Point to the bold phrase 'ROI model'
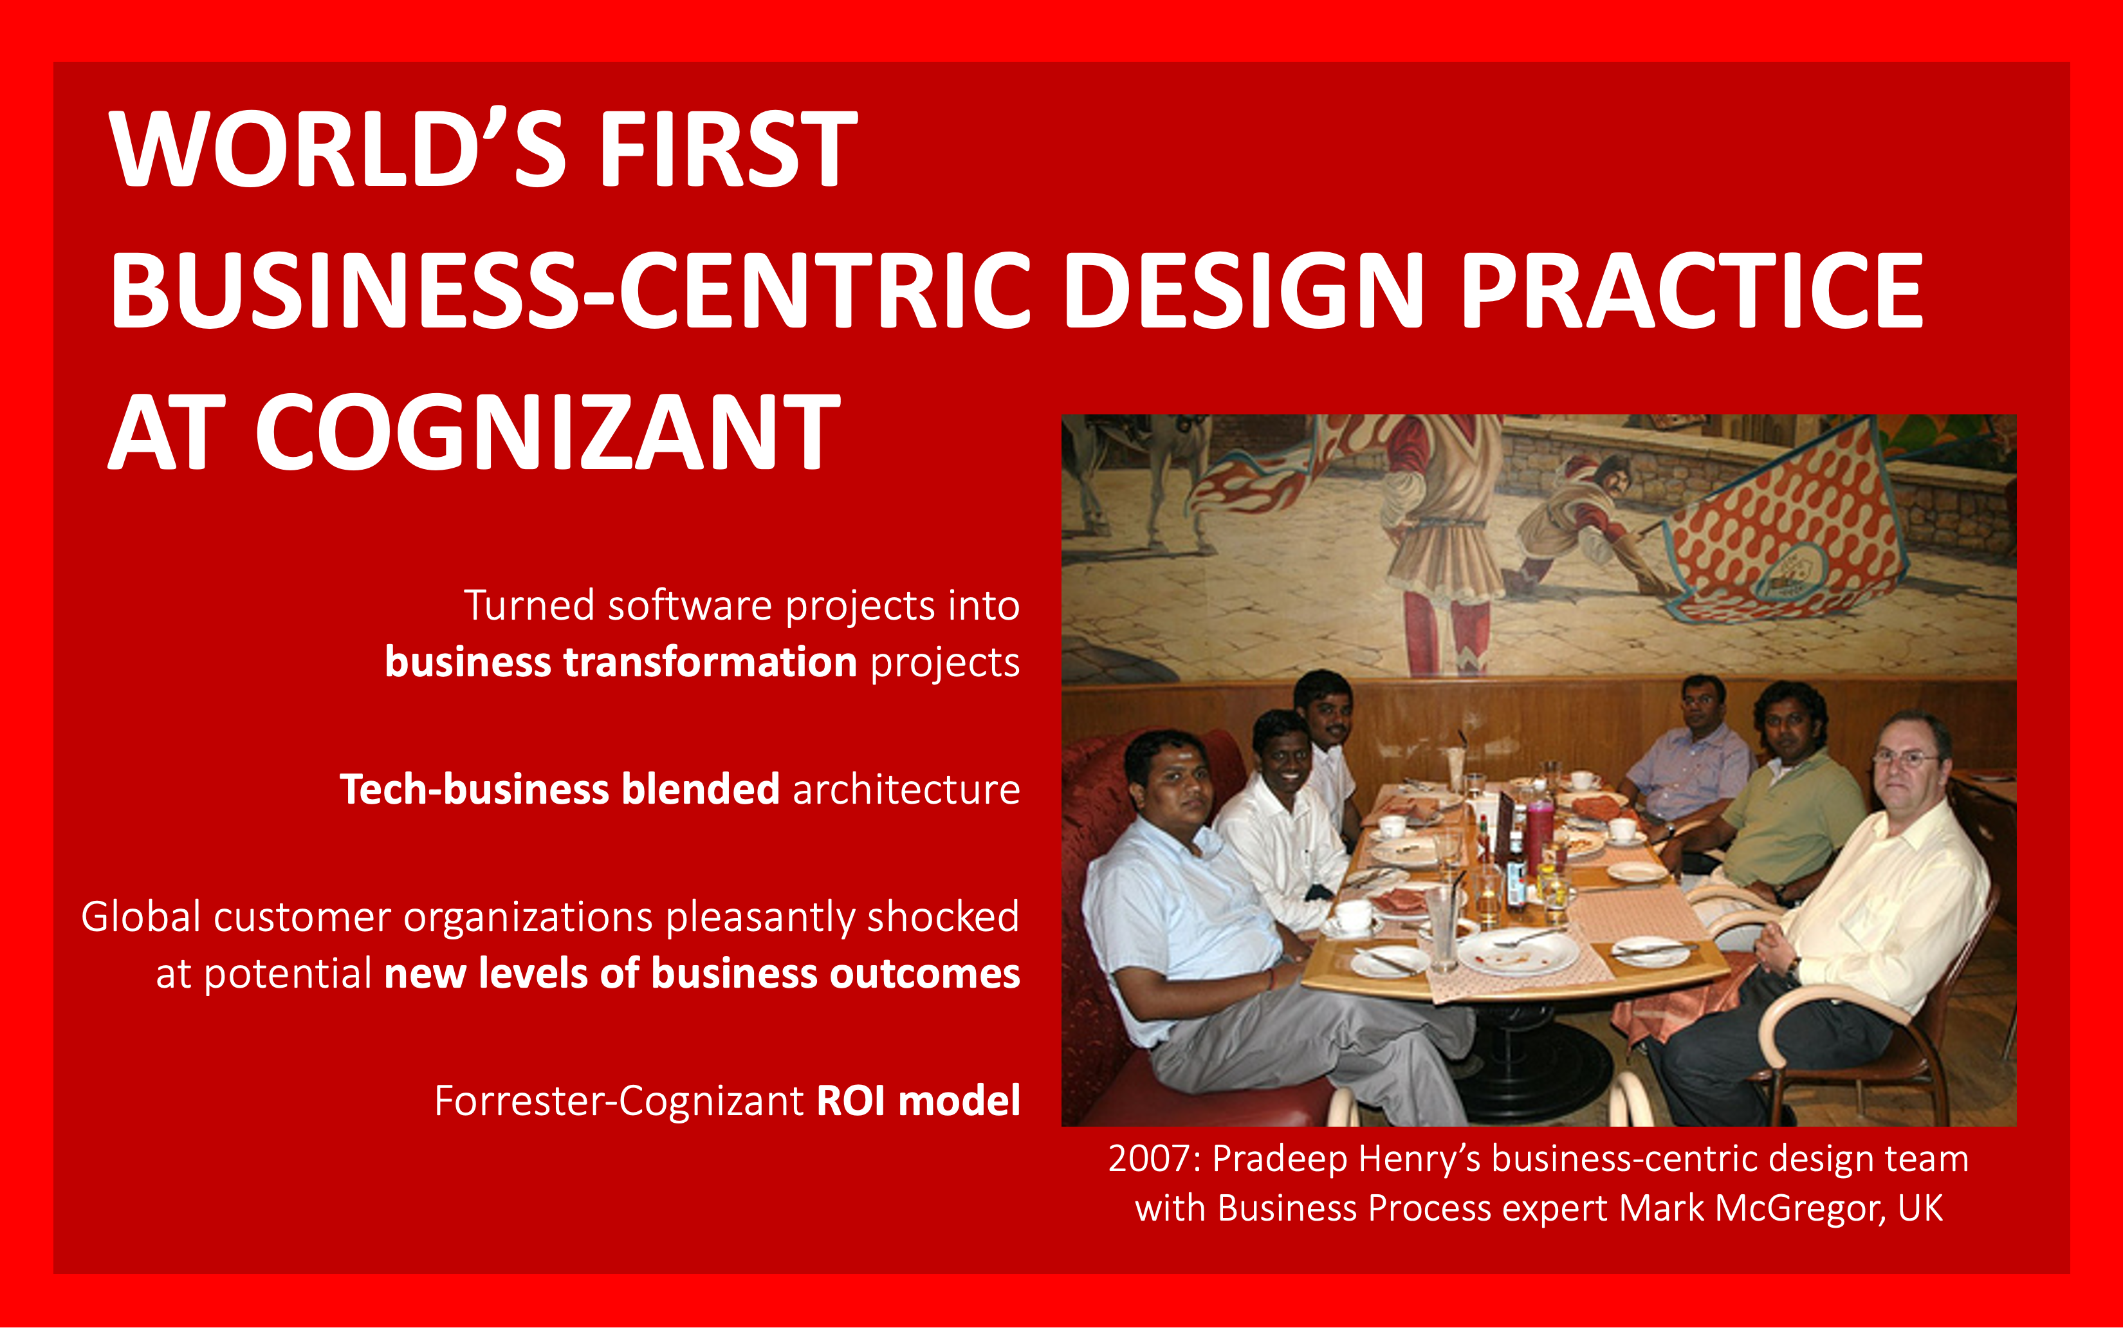click(x=918, y=1100)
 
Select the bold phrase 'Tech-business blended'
click(x=559, y=789)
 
